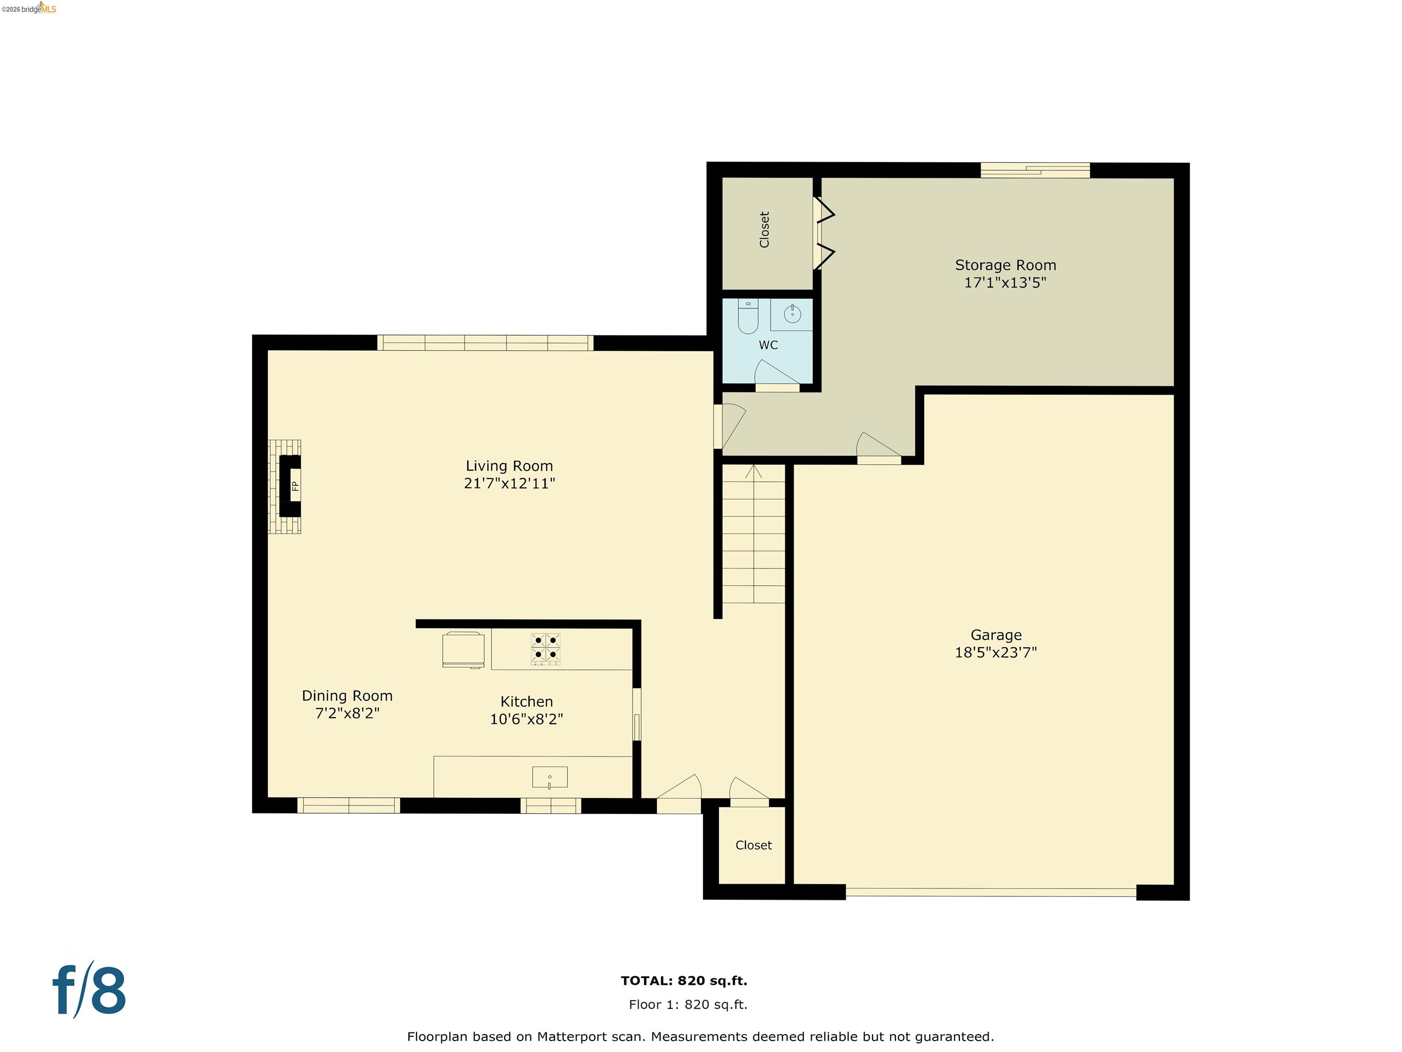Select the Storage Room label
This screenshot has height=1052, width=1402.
click(x=1005, y=265)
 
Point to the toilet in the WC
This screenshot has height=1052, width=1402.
click(x=748, y=317)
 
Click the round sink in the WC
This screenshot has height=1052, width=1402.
click(x=792, y=314)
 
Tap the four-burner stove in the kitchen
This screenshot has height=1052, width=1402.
click(x=546, y=649)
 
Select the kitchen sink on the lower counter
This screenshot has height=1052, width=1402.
click(x=549, y=778)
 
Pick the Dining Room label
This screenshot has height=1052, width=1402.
click(x=347, y=696)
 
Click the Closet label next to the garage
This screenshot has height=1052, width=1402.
click(x=753, y=845)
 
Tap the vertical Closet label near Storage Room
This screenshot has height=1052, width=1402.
click(x=764, y=230)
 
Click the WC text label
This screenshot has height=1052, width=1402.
click(x=768, y=345)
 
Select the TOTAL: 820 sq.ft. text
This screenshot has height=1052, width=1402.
click(x=684, y=980)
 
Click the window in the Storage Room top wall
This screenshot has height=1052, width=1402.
click(x=1035, y=170)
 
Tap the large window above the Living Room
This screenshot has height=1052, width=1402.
click(x=486, y=343)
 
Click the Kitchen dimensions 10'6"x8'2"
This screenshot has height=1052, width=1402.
click(x=526, y=719)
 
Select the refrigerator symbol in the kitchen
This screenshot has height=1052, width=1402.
click(x=463, y=649)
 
